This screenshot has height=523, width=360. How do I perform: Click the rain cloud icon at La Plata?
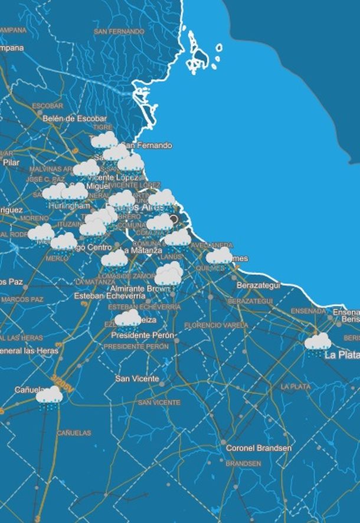(x=318, y=343)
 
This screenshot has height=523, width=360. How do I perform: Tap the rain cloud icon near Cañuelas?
(x=50, y=396)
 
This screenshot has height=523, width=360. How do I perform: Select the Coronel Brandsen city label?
(x=258, y=448)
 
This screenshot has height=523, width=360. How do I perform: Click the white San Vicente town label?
(x=137, y=379)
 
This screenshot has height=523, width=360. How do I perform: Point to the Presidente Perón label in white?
(x=143, y=335)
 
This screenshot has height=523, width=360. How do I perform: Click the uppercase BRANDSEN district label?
(x=243, y=464)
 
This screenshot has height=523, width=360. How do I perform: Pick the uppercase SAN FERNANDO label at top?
(x=119, y=31)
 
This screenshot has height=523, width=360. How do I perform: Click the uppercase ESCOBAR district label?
(x=48, y=106)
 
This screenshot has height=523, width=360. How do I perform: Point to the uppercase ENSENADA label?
(x=308, y=311)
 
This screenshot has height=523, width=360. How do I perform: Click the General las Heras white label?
(x=30, y=351)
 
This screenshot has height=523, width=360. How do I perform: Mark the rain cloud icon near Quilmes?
(x=219, y=256)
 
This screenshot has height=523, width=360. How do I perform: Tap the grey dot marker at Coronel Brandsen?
(x=223, y=442)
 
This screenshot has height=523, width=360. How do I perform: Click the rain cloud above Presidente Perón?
(x=127, y=320)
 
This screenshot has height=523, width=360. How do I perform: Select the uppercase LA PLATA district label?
(x=296, y=387)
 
